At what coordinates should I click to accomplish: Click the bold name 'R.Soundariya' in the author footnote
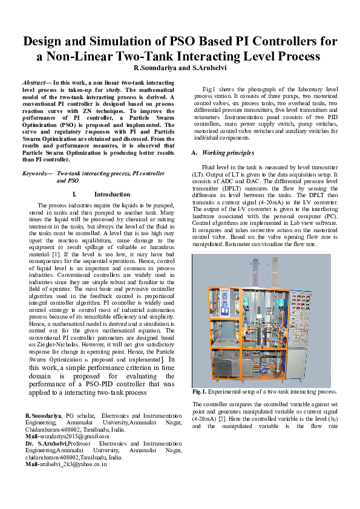[x=43, y=416]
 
